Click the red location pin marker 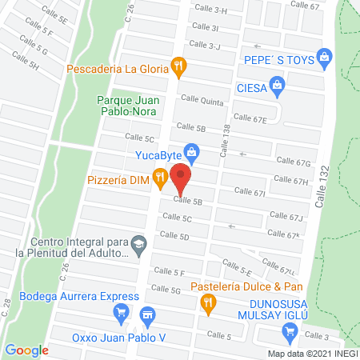point(182,178)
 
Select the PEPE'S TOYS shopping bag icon point(323,57)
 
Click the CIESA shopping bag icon point(276,84)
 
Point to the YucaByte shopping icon point(190,150)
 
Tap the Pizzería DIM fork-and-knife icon point(161,177)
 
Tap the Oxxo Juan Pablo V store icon point(146,314)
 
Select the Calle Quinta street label point(202,99)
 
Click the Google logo point(26,350)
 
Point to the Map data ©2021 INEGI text point(312,353)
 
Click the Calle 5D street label point(174,236)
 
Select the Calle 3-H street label point(210,10)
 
